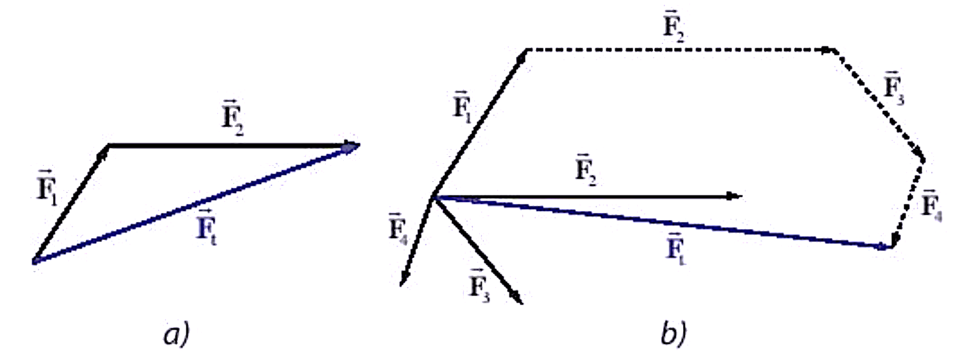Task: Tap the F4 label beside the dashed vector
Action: pos(931,205)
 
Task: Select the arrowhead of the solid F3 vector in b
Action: pos(516,296)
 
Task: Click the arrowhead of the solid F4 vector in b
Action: pos(405,277)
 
